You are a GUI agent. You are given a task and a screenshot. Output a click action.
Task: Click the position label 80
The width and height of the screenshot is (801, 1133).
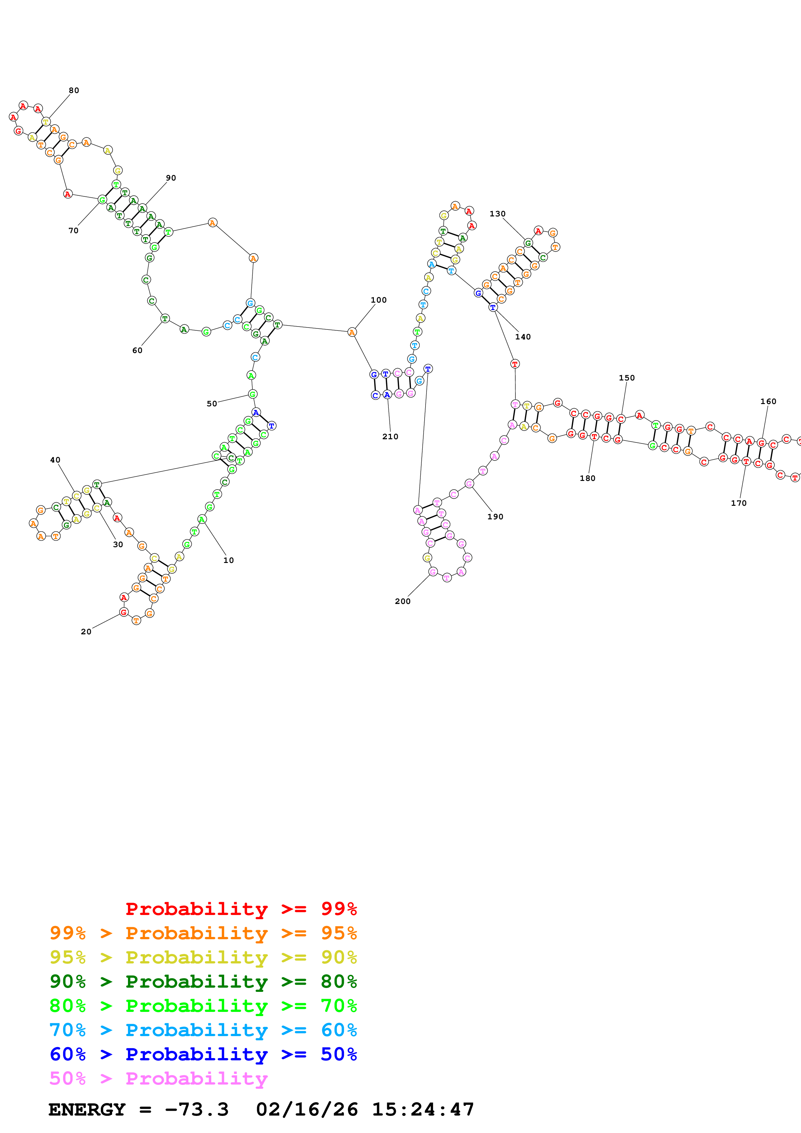coord(74,90)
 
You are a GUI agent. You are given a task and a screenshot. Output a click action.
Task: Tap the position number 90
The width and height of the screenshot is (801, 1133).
coord(171,178)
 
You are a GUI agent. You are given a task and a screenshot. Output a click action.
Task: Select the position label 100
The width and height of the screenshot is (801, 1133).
coord(379,300)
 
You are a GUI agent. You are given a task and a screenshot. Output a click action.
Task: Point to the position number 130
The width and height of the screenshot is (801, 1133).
coord(498,214)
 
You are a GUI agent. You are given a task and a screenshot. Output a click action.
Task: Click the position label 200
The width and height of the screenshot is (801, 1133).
coord(403,601)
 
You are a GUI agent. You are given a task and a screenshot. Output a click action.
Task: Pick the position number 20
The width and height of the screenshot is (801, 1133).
coord(86,632)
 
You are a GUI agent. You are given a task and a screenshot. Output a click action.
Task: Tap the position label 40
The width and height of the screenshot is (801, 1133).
coord(55,460)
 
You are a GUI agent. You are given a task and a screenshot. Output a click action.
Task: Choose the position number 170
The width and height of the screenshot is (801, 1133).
coord(739,503)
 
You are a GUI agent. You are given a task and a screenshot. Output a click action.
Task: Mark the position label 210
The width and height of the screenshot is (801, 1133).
coord(390,436)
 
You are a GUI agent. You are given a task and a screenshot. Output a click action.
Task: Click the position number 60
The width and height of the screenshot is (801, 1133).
coord(137,350)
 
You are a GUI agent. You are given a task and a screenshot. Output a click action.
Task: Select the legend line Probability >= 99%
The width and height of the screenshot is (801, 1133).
coord(241,909)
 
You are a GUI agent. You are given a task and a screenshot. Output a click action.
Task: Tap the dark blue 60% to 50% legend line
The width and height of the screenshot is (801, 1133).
coord(203,1054)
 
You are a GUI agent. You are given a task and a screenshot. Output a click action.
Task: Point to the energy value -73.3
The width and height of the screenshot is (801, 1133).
coord(196,1109)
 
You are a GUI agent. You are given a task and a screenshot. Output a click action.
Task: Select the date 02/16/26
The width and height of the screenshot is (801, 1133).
coord(307,1109)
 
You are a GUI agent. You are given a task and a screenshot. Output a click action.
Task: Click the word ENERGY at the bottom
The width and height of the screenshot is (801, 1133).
coord(87,1109)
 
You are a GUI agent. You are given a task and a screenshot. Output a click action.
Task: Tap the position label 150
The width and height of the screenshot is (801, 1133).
coord(627,378)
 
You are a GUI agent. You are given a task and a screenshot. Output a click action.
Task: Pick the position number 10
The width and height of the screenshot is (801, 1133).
coord(228,560)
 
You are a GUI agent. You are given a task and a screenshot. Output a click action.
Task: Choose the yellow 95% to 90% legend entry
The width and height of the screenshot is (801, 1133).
coord(203,957)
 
